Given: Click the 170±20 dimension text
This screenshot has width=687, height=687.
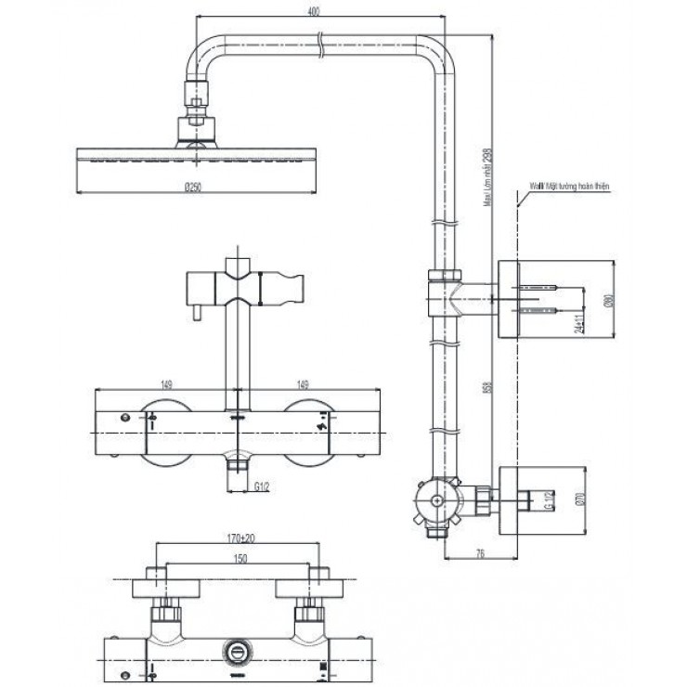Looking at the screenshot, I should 240,538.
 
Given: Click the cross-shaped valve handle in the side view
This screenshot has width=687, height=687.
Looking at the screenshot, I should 432,500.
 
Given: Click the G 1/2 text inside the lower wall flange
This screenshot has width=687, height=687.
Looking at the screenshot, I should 548,499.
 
